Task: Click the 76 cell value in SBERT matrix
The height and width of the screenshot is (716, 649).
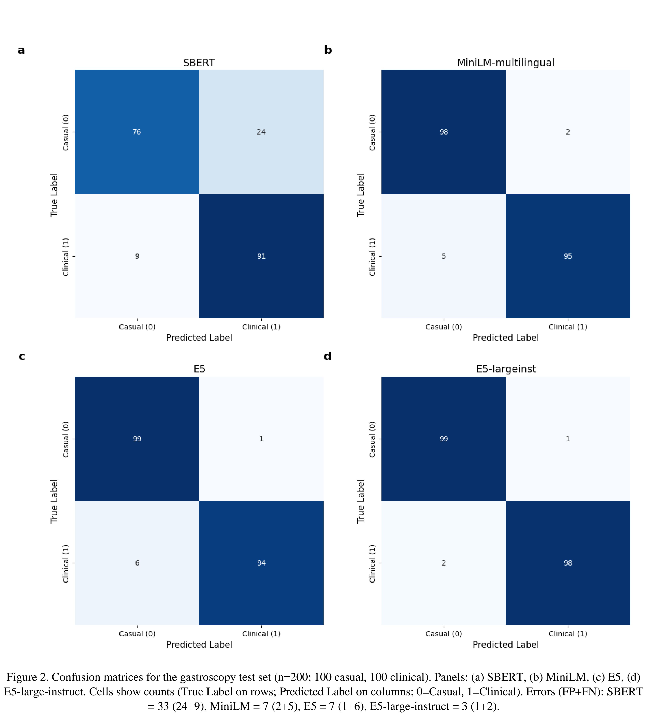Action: click(137, 132)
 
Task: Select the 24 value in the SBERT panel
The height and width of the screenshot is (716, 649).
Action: click(261, 132)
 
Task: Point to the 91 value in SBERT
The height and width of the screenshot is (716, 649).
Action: click(261, 256)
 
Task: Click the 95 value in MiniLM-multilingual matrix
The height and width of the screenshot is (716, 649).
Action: click(568, 256)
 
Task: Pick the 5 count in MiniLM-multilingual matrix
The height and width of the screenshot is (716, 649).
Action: click(444, 256)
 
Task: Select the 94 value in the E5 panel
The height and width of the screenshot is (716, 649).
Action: click(261, 563)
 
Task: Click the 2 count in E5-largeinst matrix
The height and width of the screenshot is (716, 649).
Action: click(444, 563)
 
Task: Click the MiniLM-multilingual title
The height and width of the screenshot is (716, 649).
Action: click(505, 63)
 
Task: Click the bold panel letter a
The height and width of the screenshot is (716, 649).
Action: click(21, 51)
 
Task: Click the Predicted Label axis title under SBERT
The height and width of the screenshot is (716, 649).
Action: click(199, 338)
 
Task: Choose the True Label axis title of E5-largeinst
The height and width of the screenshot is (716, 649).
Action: click(361, 501)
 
